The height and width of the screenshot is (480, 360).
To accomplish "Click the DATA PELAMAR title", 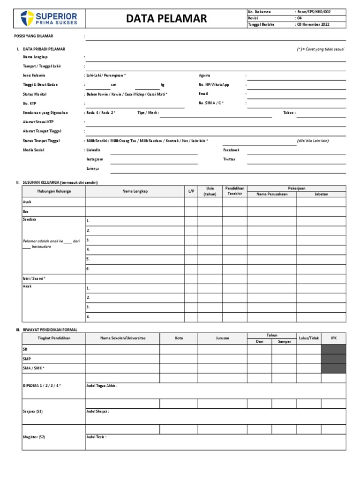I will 166,19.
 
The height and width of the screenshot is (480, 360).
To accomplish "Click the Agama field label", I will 204,75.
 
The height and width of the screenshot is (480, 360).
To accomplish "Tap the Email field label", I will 203,94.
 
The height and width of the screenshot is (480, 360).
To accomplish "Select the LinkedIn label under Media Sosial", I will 93,150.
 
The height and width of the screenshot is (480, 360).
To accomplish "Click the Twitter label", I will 229,159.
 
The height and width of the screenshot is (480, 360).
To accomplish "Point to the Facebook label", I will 231,150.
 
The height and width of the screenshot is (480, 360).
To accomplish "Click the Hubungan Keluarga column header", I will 54,191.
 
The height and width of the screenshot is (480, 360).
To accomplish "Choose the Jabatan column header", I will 321,194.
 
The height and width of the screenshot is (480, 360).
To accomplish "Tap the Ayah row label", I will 27,202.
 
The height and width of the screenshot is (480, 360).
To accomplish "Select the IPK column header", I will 334,338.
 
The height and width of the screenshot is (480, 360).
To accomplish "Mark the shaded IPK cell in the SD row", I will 334,349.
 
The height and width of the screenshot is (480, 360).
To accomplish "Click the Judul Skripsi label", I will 97,411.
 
